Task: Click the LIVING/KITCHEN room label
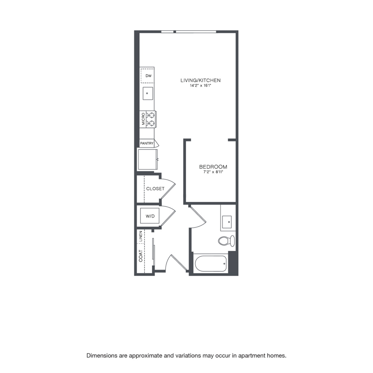[200, 80]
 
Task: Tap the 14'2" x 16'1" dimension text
[201, 86]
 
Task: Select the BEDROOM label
[213, 167]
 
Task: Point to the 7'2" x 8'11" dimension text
[213, 172]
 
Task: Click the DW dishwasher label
[148, 76]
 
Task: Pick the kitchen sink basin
[148, 93]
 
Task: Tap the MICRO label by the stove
[143, 119]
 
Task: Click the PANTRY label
[147, 143]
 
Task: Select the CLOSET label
[155, 189]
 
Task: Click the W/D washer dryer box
[150, 216]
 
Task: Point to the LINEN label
[140, 236]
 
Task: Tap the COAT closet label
[140, 256]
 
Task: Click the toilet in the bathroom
[226, 241]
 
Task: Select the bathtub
[211, 263]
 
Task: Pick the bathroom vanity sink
[227, 222]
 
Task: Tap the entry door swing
[176, 263]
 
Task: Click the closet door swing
[168, 189]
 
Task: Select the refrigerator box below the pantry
[148, 160]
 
